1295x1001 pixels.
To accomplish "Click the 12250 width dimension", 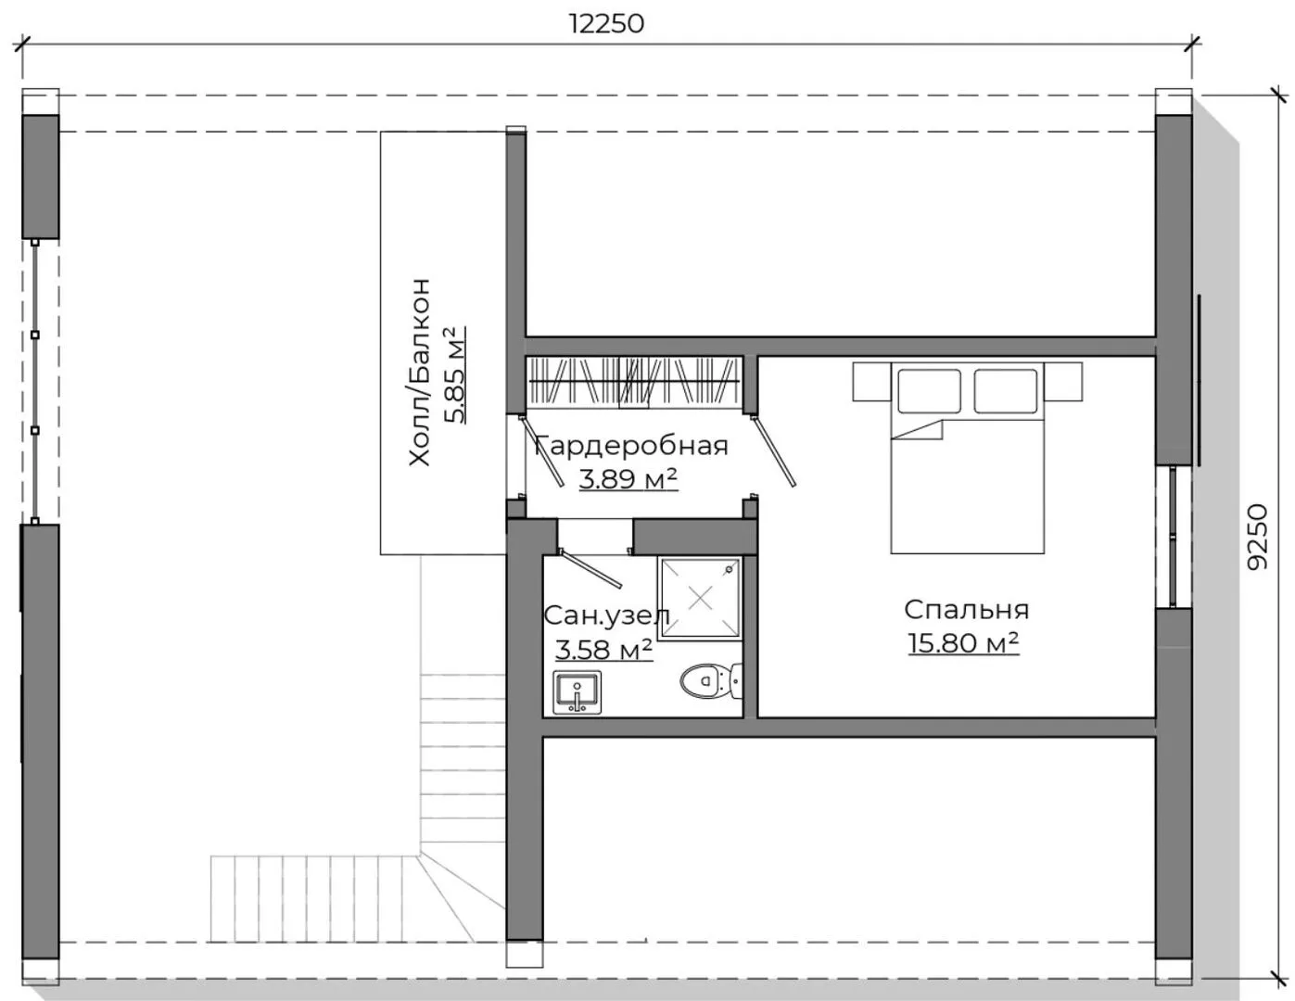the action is [606, 24].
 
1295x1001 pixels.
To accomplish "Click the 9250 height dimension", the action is [1257, 537].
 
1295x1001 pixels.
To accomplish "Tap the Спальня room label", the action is [966, 610].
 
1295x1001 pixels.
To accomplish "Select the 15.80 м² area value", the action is [963, 643].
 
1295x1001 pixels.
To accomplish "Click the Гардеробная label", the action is [631, 447].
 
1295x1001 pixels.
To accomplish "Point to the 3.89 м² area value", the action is [628, 478].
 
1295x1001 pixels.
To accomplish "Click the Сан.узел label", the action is [606, 615].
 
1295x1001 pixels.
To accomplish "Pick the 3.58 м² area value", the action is [603, 650].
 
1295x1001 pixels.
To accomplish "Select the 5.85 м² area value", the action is [455, 374].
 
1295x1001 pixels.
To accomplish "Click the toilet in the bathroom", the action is [712, 681].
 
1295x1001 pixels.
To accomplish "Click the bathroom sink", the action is [577, 692].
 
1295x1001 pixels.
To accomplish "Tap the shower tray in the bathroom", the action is [700, 598].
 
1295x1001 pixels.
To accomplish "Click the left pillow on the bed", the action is [929, 391].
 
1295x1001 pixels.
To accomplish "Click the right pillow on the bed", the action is [1006, 391].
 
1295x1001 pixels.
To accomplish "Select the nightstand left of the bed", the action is [872, 382].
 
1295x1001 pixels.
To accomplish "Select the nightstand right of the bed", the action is [1062, 382].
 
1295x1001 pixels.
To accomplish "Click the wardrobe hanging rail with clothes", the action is [634, 381].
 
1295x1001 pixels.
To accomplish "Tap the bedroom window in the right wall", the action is [1173, 537].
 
